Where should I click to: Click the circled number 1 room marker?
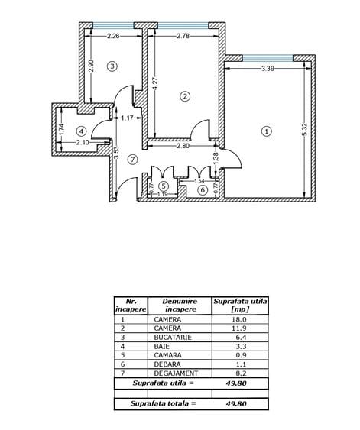click(267, 131)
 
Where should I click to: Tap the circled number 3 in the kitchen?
click(112, 66)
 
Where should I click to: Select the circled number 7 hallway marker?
click(133, 160)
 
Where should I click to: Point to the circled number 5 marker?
click(164, 186)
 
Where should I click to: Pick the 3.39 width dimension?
click(268, 68)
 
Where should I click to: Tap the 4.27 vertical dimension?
click(155, 83)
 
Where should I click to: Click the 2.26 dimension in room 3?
click(113, 36)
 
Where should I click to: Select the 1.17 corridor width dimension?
click(128, 118)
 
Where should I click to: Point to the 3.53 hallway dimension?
click(116, 153)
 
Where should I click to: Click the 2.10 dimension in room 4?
click(83, 143)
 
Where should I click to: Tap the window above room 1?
click(268, 58)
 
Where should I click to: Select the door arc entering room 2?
click(199, 128)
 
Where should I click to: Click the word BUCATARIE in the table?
click(173, 338)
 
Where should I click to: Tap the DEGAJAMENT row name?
click(176, 373)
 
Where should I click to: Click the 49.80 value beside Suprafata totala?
click(236, 403)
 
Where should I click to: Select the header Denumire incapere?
click(180, 306)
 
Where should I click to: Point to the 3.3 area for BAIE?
click(241, 346)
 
